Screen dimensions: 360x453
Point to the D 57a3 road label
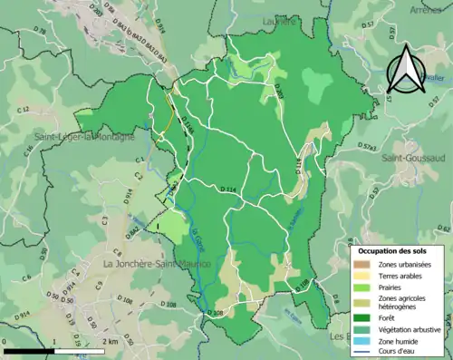[366, 145]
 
